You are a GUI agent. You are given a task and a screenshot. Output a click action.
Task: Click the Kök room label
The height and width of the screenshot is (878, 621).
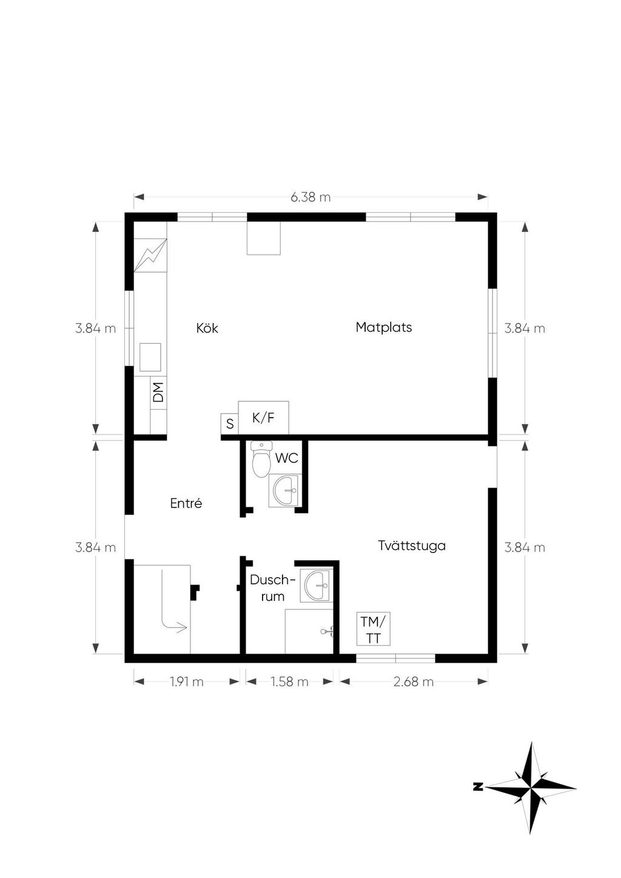(207, 328)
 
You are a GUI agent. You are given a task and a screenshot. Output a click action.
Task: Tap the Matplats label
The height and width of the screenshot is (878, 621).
(384, 327)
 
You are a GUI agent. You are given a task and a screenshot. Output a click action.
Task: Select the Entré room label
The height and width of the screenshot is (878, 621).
(186, 503)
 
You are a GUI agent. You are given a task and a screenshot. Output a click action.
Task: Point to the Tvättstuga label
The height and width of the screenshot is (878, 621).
(412, 545)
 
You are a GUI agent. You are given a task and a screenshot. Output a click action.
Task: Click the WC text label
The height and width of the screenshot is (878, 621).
(287, 458)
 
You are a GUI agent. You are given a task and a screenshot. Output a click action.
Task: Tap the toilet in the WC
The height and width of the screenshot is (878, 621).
(261, 459)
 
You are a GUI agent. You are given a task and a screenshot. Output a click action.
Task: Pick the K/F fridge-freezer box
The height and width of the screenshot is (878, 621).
(263, 418)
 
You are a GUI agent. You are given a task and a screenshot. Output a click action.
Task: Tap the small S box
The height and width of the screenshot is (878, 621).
(230, 424)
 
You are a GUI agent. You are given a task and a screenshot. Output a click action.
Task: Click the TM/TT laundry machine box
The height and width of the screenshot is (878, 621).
(373, 629)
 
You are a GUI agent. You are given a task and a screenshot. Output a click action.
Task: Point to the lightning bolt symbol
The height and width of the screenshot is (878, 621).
(150, 255)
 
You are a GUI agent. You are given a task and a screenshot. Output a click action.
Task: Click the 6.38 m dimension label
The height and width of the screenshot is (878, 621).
(310, 197)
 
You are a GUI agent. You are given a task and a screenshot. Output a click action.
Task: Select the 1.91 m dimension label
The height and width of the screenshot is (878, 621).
(187, 682)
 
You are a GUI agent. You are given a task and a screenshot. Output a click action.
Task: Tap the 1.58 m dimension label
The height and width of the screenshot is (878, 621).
(289, 682)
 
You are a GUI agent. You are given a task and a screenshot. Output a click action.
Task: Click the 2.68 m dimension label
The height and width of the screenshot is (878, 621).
(414, 682)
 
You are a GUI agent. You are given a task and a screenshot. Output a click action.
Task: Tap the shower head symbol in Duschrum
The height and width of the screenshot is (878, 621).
(327, 631)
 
